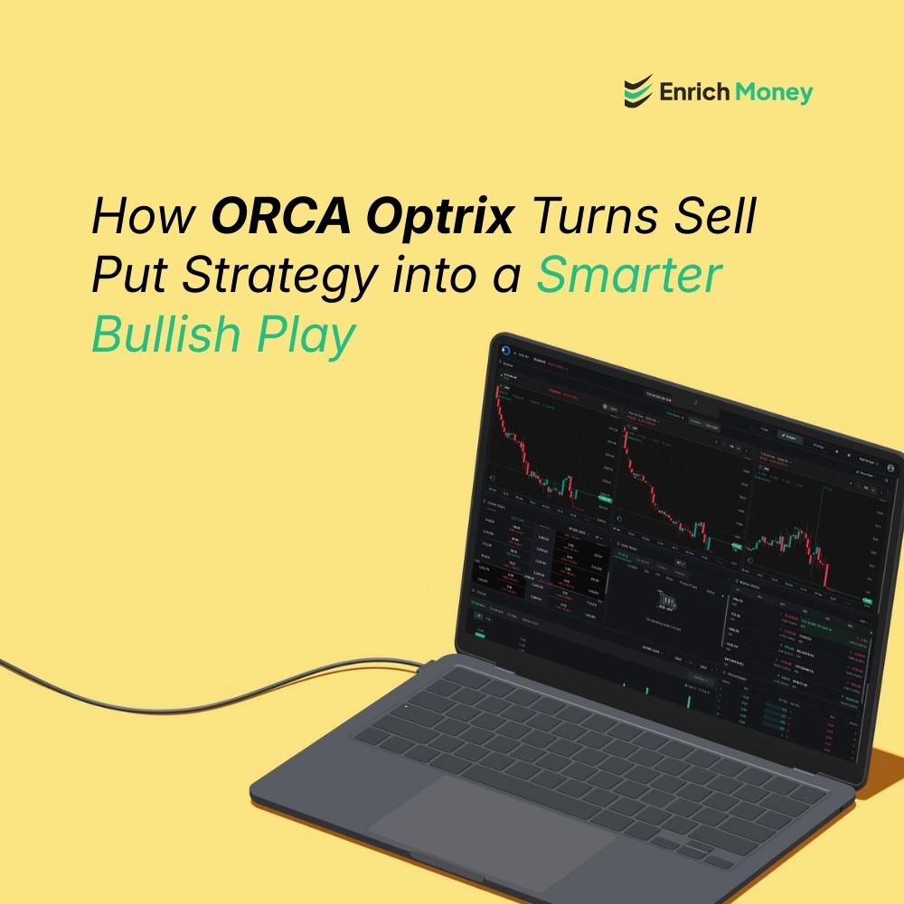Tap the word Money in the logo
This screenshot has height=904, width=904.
pos(774,91)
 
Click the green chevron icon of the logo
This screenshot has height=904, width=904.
pos(637,91)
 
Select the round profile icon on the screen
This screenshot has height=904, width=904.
pos(889,469)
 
